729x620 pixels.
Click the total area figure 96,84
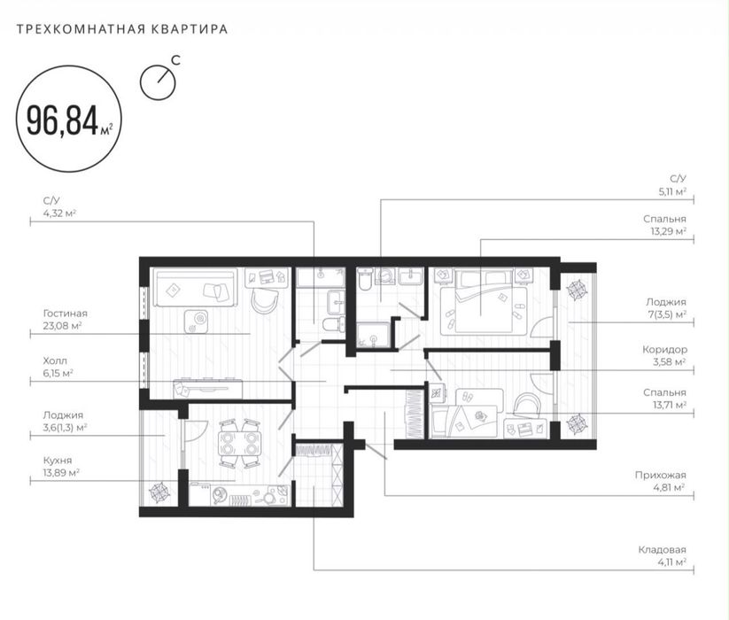click(x=62, y=120)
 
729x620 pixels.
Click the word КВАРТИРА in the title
click(x=190, y=29)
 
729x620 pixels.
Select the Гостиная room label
click(x=65, y=314)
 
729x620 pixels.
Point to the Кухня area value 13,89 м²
click(x=61, y=472)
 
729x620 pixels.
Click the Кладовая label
click(x=662, y=550)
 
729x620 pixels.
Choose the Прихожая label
click(x=661, y=475)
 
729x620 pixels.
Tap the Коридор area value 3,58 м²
click(x=670, y=361)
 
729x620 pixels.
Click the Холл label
click(x=55, y=360)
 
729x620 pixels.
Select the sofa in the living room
click(x=195, y=287)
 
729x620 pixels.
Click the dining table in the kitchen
click(x=239, y=444)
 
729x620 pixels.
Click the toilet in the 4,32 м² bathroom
click(x=333, y=324)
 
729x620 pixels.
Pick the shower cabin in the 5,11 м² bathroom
click(x=373, y=335)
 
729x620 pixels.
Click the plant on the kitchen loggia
click(x=159, y=493)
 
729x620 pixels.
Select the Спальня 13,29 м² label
click(x=665, y=225)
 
